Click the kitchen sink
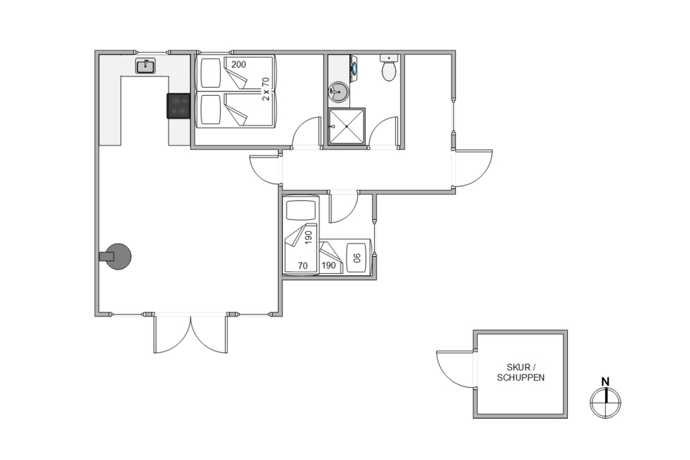point(145,66)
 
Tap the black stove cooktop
point(178,106)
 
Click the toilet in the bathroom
point(389,68)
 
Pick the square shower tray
point(347,126)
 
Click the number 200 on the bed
point(239,65)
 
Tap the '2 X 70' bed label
point(266,89)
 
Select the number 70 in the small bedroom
point(303,266)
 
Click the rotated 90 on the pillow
point(357,258)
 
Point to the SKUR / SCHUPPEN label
point(520,372)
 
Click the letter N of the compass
point(606,381)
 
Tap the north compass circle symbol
point(606,402)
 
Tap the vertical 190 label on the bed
point(308,237)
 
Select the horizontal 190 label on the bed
point(328,266)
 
